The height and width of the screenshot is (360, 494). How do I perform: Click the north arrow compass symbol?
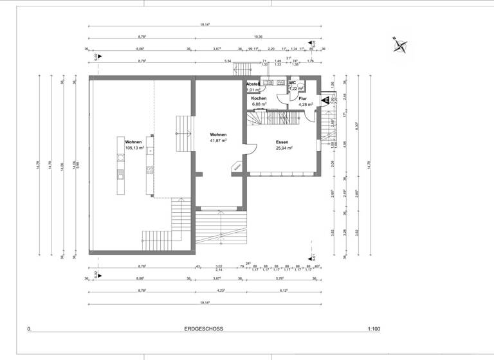tap(401, 45)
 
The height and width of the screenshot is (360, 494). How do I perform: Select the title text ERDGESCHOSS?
tap(203, 328)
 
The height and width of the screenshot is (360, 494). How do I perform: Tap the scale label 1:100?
tap(374, 328)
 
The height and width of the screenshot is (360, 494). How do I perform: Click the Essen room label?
tap(282, 141)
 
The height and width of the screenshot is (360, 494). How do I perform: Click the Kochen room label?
tap(259, 98)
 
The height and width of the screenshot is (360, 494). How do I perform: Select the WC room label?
tap(292, 83)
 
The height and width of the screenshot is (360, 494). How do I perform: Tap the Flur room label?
tap(302, 98)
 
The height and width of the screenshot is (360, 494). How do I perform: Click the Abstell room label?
tap(252, 84)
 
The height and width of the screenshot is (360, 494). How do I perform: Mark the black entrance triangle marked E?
tap(325, 100)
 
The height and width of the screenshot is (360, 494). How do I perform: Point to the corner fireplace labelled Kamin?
tap(237, 166)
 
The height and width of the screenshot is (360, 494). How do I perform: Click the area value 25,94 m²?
tap(282, 147)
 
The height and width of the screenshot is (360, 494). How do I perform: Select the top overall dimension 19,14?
tap(205, 24)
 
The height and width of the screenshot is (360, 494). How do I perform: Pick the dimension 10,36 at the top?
tap(261, 37)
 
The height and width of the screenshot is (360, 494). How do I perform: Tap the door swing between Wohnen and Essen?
tap(251, 148)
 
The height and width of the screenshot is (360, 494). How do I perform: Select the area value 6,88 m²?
tap(260, 104)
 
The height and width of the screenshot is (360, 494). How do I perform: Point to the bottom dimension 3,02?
tap(219, 265)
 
